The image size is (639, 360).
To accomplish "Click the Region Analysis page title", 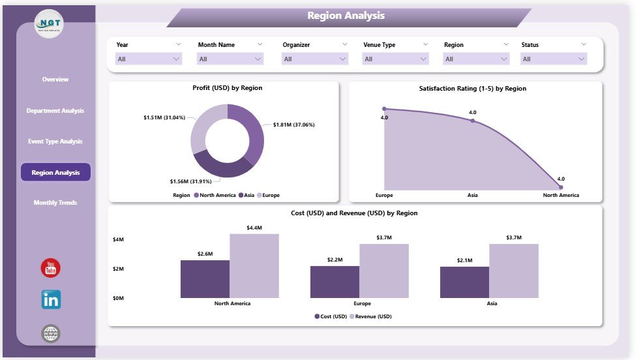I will pos(346,16).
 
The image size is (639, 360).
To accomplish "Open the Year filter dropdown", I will pos(149,59).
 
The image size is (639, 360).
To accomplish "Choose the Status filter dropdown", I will pos(554,59).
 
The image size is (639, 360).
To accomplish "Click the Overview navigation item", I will pos(55,80).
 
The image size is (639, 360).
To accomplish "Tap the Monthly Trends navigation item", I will pos(55,203).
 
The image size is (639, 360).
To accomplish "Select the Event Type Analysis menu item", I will pos(55,142).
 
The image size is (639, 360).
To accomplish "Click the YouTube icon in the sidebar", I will pos(51,267).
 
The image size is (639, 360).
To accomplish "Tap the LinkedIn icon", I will pos(51,300).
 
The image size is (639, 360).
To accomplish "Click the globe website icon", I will pos(51,334).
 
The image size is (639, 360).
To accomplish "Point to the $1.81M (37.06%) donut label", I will pos(294,125).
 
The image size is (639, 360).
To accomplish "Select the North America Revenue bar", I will pos(254,265).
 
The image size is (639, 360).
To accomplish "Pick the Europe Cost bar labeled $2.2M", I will pos(334,282).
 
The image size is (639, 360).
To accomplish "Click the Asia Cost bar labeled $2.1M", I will pos(464,282).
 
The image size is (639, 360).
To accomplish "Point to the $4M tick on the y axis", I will pos(119,240).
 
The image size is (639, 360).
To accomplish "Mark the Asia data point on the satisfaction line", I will pos(473,121).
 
